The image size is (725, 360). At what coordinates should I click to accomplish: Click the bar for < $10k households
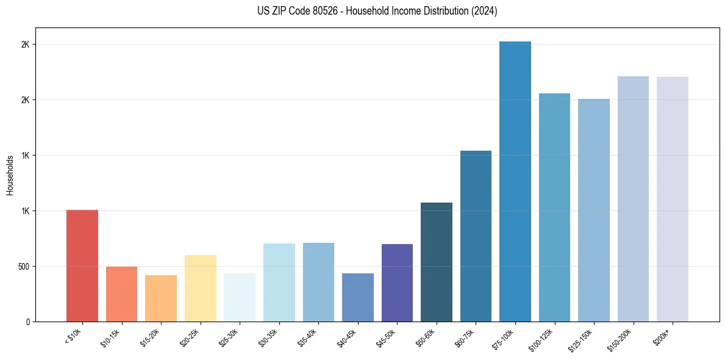tap(82, 266)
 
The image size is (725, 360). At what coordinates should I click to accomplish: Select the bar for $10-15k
tap(121, 294)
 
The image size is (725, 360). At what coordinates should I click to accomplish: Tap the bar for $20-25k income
tap(200, 289)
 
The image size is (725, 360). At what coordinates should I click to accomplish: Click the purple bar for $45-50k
tap(397, 283)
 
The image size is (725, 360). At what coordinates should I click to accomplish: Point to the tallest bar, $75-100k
tap(515, 182)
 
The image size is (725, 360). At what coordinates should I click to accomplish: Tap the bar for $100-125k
tap(554, 207)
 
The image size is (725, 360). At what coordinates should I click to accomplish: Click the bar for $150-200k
tap(633, 199)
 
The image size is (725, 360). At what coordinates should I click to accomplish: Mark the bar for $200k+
tap(673, 200)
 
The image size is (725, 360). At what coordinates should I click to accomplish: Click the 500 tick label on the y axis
tap(23, 267)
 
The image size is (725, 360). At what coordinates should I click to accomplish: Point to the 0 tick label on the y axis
tap(28, 322)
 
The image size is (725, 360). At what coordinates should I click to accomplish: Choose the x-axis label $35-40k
tap(309, 337)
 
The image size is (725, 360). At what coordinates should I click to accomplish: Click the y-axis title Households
tap(10, 175)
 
